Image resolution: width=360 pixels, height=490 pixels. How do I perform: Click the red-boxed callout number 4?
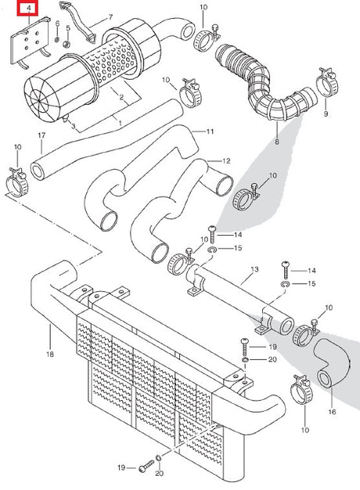click(29, 8)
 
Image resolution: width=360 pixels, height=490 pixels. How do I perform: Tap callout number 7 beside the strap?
click(110, 17)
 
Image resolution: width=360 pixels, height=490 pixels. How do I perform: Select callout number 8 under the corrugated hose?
click(277, 142)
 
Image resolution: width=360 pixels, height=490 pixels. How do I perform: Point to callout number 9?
click(326, 113)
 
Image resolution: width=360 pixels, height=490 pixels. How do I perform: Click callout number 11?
click(210, 132)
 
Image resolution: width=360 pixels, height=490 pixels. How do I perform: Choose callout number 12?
click(226, 161)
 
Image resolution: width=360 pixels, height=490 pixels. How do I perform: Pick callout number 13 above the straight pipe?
click(254, 269)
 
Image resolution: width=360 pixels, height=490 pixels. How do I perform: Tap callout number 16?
click(332, 412)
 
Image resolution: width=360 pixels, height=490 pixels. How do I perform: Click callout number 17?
click(41, 135)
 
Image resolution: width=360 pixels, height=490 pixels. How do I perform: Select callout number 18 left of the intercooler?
click(50, 354)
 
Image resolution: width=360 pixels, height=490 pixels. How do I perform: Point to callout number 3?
click(73, 126)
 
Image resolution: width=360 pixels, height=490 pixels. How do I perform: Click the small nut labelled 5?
click(67, 45)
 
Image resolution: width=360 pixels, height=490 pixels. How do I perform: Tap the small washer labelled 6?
click(57, 40)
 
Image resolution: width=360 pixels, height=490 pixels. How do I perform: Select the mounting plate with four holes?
click(30, 41)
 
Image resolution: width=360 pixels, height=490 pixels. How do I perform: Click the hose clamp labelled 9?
click(327, 82)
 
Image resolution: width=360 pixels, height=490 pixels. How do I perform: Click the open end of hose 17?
click(38, 171)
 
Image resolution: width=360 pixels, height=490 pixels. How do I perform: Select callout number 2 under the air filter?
click(121, 97)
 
